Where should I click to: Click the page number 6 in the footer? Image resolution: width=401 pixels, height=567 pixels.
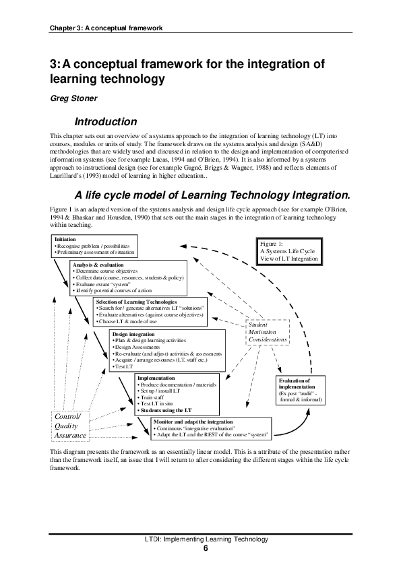(x=206, y=548)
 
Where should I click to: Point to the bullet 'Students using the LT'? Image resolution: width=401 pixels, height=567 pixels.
(x=165, y=409)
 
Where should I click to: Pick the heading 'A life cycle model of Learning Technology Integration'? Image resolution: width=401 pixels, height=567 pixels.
(x=212, y=176)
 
